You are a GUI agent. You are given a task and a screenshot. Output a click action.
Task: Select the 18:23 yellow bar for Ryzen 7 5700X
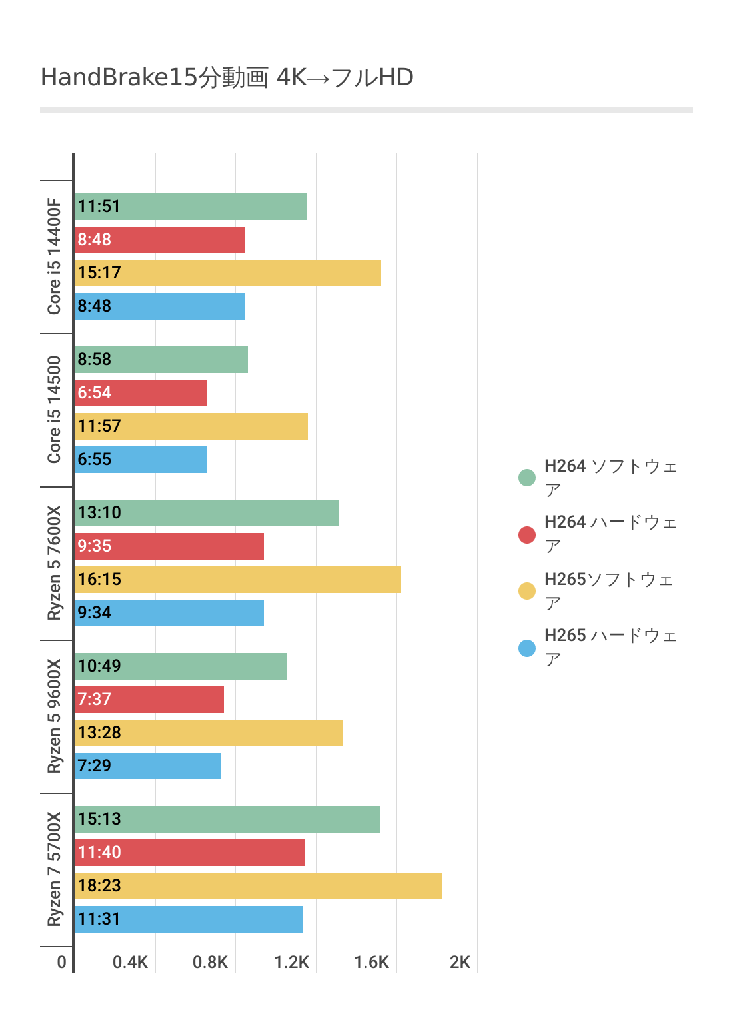(x=259, y=886)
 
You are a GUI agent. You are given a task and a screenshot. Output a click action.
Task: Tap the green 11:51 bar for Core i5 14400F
(x=191, y=207)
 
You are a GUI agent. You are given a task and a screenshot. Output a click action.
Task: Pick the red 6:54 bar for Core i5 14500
(x=141, y=393)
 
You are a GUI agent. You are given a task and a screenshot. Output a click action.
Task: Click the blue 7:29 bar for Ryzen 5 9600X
(x=148, y=766)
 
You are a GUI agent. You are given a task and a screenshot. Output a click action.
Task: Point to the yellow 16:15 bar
(x=238, y=580)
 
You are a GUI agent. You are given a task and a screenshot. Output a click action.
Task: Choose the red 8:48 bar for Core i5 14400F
(x=160, y=240)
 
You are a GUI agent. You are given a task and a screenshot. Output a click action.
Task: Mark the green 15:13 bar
(x=227, y=819)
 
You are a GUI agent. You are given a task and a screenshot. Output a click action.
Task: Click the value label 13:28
(x=99, y=733)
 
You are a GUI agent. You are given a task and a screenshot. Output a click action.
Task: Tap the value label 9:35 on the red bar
(x=95, y=546)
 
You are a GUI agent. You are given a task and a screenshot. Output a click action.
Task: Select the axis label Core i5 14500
(x=54, y=410)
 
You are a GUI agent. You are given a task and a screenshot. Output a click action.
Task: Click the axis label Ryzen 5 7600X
(x=54, y=563)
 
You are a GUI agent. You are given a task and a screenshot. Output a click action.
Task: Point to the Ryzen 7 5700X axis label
(x=54, y=869)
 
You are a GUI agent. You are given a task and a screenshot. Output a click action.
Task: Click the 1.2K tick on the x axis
(x=292, y=962)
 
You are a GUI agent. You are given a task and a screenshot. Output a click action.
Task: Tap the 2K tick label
(x=460, y=962)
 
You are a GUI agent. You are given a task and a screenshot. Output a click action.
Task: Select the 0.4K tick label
(x=130, y=962)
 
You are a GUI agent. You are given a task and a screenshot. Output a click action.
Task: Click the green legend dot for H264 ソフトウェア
(x=527, y=478)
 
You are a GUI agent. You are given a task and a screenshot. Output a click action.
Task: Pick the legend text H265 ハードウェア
(x=610, y=646)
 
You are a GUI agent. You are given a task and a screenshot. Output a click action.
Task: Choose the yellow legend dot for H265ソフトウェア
(x=527, y=591)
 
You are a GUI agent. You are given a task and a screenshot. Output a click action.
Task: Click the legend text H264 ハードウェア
(x=610, y=533)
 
